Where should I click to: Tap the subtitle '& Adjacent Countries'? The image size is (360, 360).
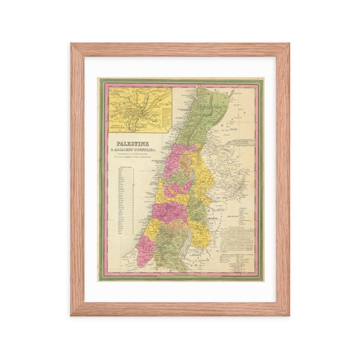133,149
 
